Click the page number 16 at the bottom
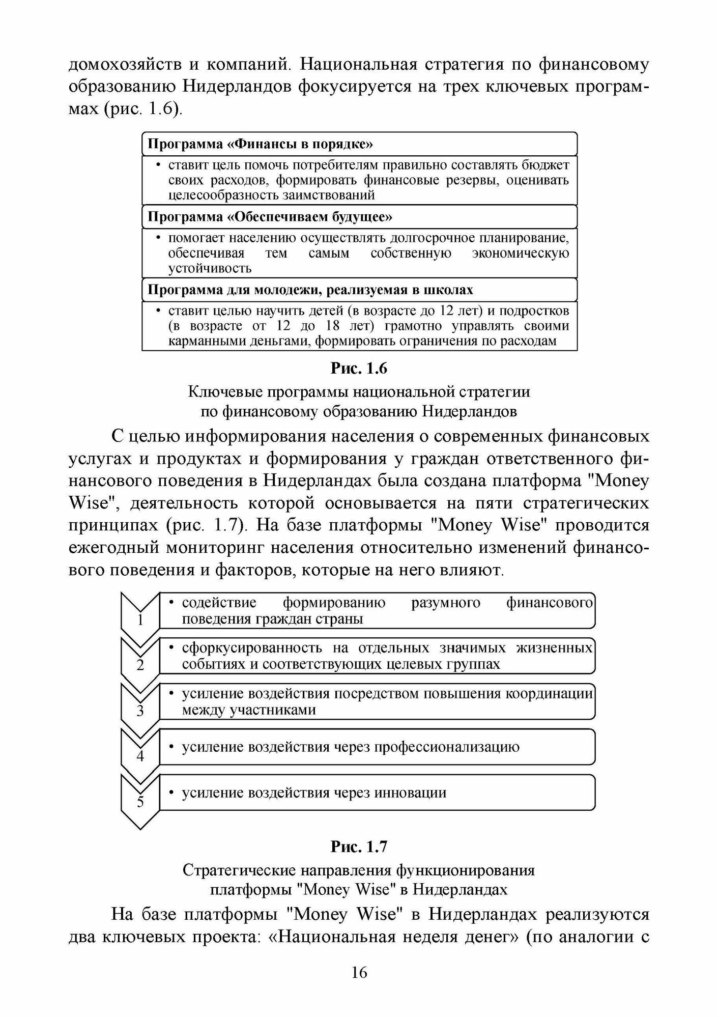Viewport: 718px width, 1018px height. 359,972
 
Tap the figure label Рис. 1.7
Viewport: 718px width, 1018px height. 359,846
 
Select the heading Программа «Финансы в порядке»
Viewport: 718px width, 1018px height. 260,144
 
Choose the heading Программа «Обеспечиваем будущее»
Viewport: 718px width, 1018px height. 270,217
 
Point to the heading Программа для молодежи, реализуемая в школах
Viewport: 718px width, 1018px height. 310,290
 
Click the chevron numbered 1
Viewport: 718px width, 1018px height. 140,618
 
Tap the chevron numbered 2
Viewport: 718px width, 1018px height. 140,664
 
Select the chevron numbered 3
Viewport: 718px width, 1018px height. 140,710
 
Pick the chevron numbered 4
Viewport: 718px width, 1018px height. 140,755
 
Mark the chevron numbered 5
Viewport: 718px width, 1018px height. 140,801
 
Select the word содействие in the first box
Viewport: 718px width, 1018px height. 219,603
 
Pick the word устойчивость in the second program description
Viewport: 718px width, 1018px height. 210,268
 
